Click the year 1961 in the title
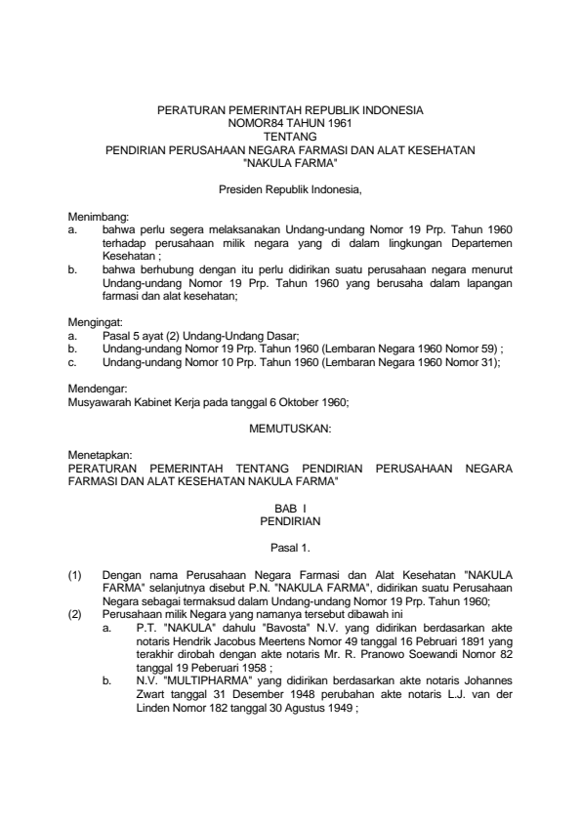click(333, 126)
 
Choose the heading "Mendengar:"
click(98, 388)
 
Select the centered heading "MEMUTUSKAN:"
click(290, 429)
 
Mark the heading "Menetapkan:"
click(100, 456)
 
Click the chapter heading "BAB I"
click(290, 510)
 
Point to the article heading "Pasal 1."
click(290, 550)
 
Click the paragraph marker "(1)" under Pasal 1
click(75, 577)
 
